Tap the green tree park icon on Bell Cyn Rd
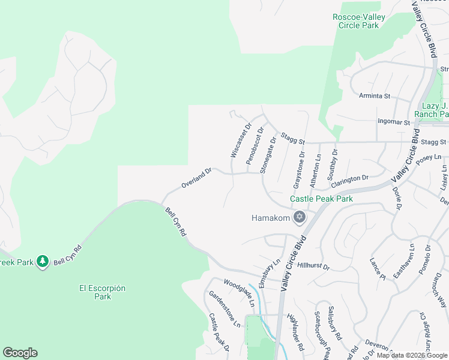(42, 262)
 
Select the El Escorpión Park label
(103, 292)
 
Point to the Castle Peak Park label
(321, 199)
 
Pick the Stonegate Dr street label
(268, 154)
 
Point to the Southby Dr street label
(333, 164)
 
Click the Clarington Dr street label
(349, 179)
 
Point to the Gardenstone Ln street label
(224, 308)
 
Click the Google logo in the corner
(20, 353)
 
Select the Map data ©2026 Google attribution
(412, 355)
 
